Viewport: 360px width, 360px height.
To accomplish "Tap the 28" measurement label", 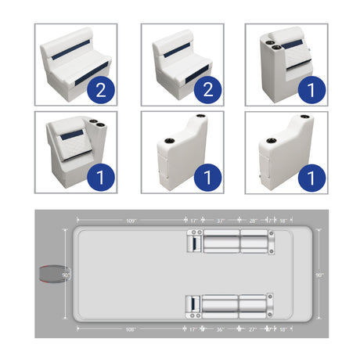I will click(253, 221).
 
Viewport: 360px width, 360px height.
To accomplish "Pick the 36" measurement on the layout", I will click(220, 329).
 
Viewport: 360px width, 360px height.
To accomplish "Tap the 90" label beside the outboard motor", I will click(66, 275).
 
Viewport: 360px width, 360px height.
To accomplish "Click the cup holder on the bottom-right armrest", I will click(272, 141).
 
